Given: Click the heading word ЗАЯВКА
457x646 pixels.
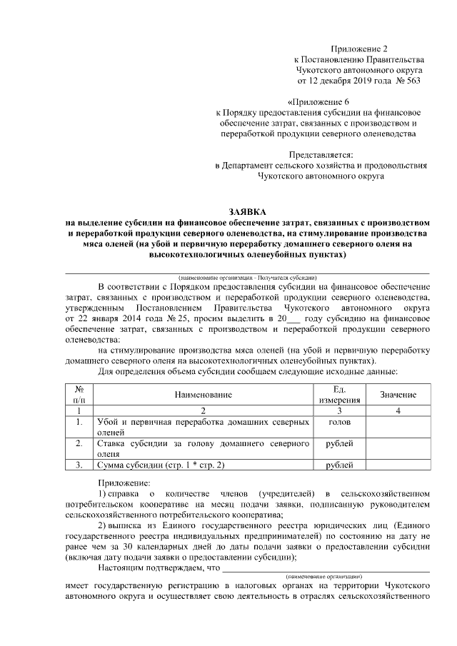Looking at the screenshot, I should coord(246,212).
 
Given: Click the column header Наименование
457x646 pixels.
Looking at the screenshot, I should coord(203,395).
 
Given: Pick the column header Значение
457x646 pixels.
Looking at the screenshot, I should coord(398,395).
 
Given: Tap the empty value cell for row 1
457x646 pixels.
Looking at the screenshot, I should coord(398,427).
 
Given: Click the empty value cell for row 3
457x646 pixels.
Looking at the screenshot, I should coord(398,466).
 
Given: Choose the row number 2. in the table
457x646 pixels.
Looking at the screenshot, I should coord(80,444).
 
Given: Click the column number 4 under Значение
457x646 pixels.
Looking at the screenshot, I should coord(398,411).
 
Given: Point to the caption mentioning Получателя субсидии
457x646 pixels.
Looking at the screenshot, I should coord(248,277).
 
